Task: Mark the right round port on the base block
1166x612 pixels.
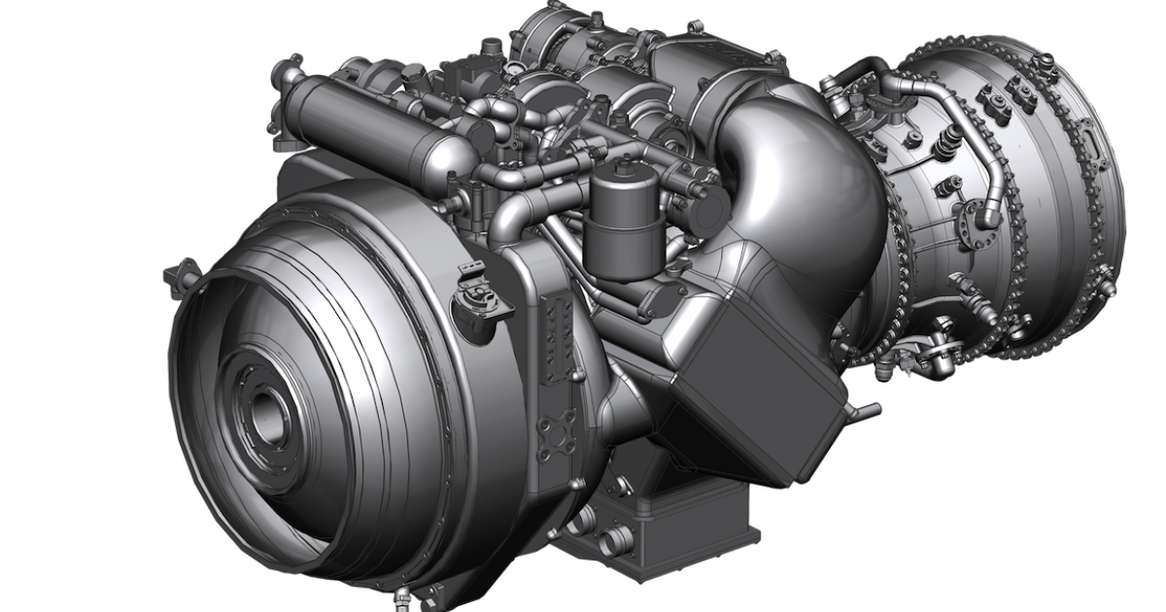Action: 615,537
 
